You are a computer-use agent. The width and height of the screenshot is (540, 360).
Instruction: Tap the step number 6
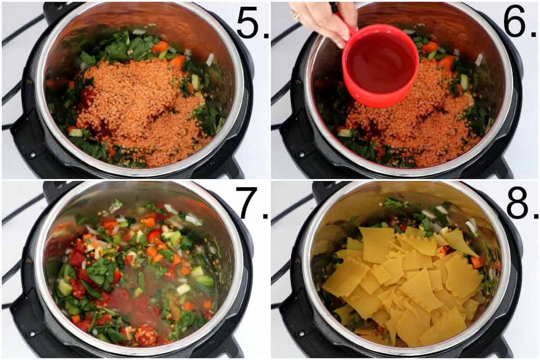click(x=514, y=22)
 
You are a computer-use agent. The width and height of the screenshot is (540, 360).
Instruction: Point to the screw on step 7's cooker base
click(x=31, y=334)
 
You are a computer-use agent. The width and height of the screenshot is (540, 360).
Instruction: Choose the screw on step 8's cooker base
click(x=299, y=334)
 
